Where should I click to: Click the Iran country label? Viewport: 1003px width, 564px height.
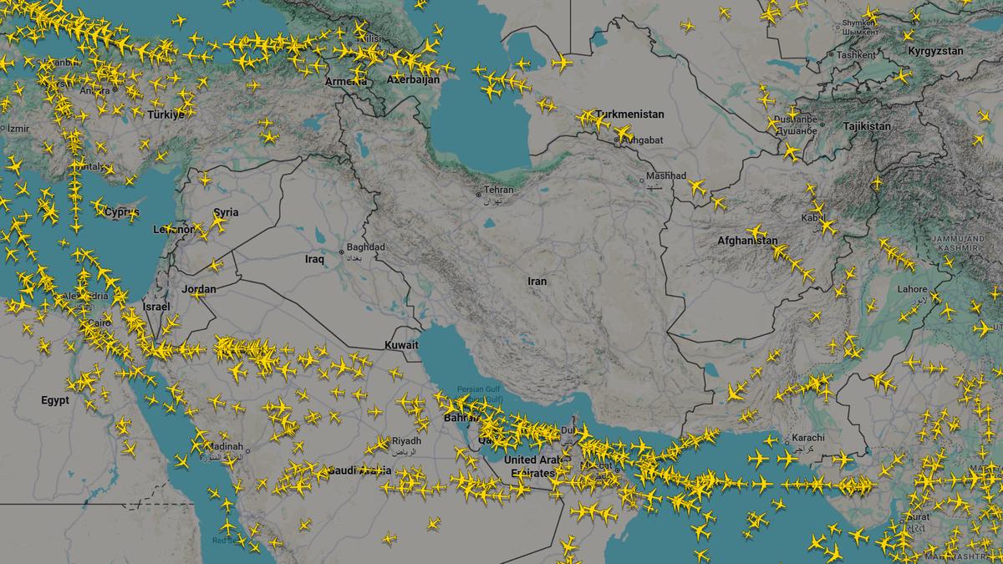(x=537, y=281)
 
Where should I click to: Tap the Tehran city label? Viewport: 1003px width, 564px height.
(x=498, y=190)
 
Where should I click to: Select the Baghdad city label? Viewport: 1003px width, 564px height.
(x=367, y=247)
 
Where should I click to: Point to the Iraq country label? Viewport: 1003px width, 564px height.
(x=314, y=260)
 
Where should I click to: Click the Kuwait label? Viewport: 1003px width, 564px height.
(x=401, y=345)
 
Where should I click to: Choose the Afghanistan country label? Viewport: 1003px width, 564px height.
(x=746, y=241)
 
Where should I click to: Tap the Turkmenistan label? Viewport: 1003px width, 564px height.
(x=629, y=114)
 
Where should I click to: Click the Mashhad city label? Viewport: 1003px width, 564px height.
(x=668, y=176)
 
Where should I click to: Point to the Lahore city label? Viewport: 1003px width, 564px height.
(x=912, y=290)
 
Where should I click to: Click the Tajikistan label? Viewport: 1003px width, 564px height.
(x=867, y=126)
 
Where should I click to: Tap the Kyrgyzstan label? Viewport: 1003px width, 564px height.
(x=935, y=51)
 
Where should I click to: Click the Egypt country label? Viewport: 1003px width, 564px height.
(x=55, y=401)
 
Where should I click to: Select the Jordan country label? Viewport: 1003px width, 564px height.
(x=199, y=289)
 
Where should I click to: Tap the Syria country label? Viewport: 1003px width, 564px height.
(x=226, y=212)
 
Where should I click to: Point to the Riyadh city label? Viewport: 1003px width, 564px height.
(x=406, y=440)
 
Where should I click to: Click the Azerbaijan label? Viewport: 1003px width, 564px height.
(x=413, y=79)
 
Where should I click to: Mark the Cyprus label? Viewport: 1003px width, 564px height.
(x=122, y=212)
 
